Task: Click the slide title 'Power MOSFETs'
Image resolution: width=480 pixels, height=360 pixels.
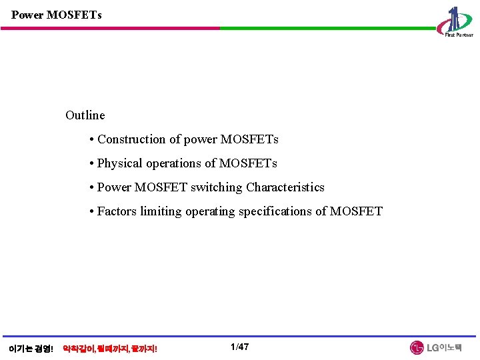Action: [x=57, y=14]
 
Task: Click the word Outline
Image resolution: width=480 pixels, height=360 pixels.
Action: [x=85, y=115]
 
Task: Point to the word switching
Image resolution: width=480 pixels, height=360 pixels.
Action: [x=217, y=187]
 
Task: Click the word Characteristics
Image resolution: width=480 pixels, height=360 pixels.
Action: [x=285, y=187]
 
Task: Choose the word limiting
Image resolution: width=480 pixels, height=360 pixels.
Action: [x=159, y=211]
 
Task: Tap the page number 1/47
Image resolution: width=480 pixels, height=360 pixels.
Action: [x=239, y=347]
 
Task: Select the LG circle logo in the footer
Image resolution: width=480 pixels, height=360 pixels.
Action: [x=417, y=348]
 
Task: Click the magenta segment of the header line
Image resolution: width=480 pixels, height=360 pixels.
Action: [x=111, y=29]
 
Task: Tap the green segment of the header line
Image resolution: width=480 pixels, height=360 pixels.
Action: [x=327, y=29]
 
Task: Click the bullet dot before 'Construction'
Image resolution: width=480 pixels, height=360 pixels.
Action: [x=90, y=140]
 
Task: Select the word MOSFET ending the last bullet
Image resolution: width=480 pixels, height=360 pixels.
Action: [x=357, y=211]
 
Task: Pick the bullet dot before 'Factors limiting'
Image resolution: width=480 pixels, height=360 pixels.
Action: [x=90, y=212]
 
